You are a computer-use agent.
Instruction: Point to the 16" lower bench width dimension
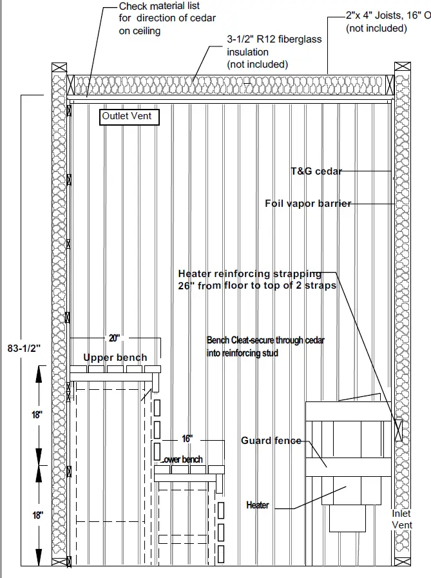(x=187, y=439)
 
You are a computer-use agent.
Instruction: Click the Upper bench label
(x=115, y=358)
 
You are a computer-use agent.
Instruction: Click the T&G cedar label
(x=316, y=171)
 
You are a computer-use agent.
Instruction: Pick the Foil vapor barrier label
(x=308, y=204)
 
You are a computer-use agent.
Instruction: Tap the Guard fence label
(x=271, y=441)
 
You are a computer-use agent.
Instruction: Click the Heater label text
(x=258, y=505)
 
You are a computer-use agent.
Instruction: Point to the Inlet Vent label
(x=402, y=519)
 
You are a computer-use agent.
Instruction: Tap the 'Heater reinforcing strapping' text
(x=249, y=274)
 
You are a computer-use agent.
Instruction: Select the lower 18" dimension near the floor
(x=37, y=515)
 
